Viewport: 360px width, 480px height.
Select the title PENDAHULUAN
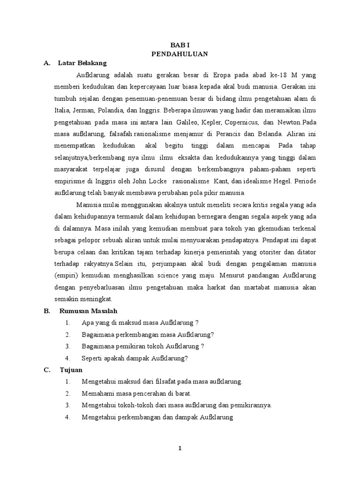tap(180, 54)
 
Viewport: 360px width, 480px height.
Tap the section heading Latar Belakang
tap(82, 62)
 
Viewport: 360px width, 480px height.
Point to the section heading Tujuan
tap(71, 370)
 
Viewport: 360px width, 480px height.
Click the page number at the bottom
tap(180, 448)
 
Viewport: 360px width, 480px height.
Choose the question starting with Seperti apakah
tap(135, 358)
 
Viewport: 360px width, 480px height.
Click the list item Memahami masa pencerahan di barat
tap(136, 393)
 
